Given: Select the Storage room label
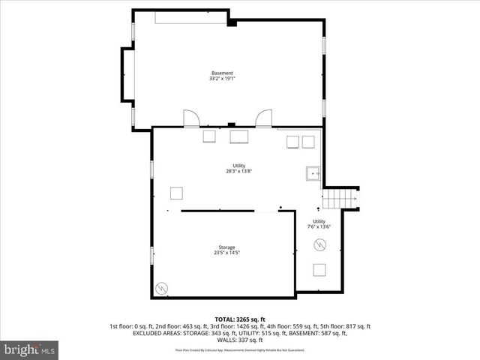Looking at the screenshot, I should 226,247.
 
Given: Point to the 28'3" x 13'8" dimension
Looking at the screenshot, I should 238,171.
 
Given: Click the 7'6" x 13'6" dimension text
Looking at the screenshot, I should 319,226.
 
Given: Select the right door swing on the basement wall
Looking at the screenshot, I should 263,119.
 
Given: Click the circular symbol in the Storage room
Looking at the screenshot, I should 161,288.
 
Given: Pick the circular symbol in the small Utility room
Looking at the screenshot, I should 319,244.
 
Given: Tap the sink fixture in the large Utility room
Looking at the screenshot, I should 311,174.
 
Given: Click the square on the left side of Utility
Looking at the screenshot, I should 176,193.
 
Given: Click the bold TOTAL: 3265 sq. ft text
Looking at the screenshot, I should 239,319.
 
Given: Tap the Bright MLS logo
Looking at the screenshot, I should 29,349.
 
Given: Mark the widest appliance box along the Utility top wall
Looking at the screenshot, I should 240,137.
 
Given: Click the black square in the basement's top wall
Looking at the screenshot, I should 232,23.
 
